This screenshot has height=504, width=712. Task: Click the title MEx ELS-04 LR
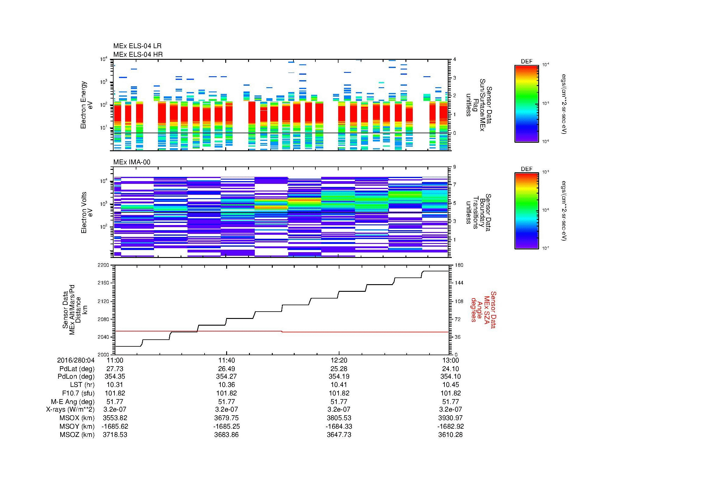click(137, 46)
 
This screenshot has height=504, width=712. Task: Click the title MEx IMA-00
click(132, 162)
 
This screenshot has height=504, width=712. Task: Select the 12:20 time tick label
click(339, 360)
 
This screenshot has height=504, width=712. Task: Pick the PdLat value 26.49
click(226, 369)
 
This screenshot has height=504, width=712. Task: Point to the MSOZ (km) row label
click(77, 435)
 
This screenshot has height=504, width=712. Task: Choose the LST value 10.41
click(339, 385)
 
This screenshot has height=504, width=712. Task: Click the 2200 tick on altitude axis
click(103, 265)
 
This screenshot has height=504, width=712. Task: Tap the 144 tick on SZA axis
click(458, 283)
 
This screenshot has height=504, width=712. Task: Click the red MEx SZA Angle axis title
click(483, 309)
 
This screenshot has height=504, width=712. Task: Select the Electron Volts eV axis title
click(87, 213)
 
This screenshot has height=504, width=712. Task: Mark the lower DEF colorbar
click(526, 211)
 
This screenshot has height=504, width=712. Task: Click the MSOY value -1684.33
click(339, 426)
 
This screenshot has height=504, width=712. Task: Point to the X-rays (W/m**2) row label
click(70, 409)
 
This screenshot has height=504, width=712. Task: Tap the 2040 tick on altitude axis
click(103, 337)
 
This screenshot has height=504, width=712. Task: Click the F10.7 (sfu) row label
click(78, 393)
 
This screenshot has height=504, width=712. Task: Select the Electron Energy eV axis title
click(87, 105)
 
